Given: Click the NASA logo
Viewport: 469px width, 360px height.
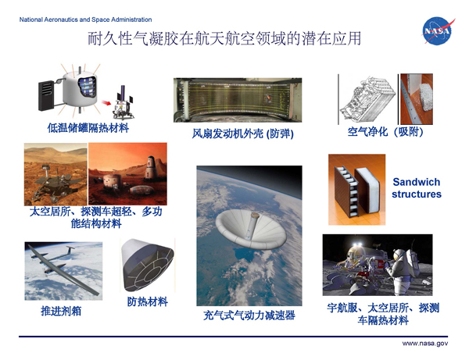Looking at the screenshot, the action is coord(438,30).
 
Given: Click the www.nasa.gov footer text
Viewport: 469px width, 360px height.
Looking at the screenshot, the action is coord(424,344).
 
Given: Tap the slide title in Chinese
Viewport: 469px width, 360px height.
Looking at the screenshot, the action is coord(224,39).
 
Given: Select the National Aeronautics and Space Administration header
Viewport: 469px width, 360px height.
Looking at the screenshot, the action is coord(85,20).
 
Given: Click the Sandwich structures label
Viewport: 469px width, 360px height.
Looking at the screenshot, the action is coord(417,188).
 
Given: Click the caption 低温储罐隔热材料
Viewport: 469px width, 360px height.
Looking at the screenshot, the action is coord(88,128).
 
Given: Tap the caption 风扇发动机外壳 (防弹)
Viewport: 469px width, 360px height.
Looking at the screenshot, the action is coord(242,134).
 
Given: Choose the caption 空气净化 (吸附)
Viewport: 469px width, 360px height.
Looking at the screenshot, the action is coord(385,132).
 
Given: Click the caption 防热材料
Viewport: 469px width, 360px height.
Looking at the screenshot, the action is coord(148,301).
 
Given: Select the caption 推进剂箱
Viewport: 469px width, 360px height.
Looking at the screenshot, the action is coord(61,311).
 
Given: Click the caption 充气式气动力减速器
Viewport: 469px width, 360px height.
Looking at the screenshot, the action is coord(249,315).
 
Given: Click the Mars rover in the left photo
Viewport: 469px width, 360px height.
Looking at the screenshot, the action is coord(53,184).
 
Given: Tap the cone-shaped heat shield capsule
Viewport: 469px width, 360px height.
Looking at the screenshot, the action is coord(148,265).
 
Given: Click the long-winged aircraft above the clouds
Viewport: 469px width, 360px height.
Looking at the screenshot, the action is coord(63,267).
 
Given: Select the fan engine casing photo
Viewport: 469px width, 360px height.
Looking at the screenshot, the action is coord(238,100).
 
